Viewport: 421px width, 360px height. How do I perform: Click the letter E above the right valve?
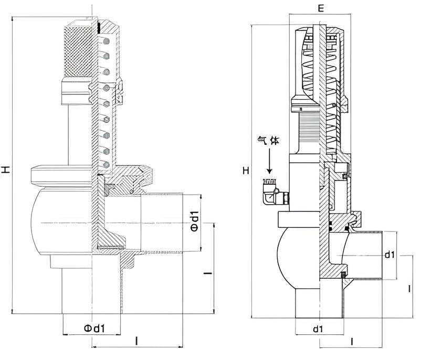point(321,8)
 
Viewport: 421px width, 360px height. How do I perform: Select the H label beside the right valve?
point(246,171)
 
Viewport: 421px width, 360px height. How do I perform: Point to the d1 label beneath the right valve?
point(318,329)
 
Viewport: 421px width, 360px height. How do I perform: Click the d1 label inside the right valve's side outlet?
point(390,255)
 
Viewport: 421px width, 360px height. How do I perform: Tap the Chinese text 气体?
point(268,140)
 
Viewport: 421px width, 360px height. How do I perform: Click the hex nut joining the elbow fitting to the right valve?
point(286,198)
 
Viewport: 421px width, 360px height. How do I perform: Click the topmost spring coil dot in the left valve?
point(106,41)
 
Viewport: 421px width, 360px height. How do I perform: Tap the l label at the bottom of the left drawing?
point(136,341)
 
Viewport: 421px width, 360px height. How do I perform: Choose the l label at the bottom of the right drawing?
point(352,342)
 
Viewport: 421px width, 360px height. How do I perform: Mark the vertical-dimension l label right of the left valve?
point(208,273)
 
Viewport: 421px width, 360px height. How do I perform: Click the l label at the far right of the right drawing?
point(409,289)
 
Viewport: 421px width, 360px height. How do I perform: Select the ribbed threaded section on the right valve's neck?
point(309,129)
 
